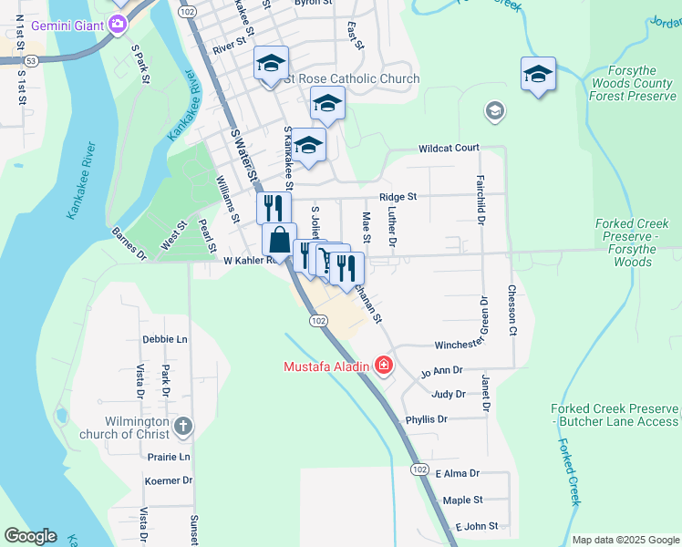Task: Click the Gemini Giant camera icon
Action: coord(116,24)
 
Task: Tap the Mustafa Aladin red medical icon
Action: coord(383,366)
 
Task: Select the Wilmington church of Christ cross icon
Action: coord(182,426)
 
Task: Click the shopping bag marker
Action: coord(280,241)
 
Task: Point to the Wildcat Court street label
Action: coord(449,148)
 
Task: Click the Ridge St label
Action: coord(398,197)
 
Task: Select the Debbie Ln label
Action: coord(164,339)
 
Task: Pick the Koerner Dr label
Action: coord(169,480)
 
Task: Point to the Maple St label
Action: coord(462,501)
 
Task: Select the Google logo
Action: coord(30,536)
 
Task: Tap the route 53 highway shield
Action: coord(31,60)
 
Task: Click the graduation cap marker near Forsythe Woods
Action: coord(538,74)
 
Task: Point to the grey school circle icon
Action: coord(494,111)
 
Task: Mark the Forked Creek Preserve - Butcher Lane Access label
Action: coord(615,416)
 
